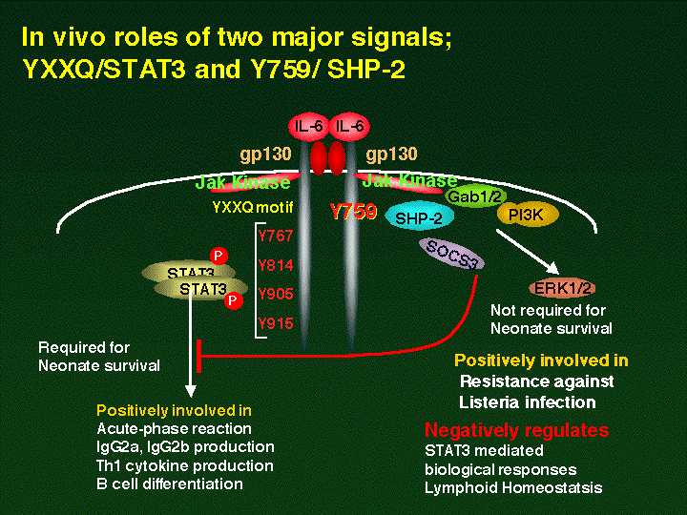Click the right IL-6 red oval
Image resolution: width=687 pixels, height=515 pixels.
point(349,125)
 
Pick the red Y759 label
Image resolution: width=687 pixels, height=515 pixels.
point(353,212)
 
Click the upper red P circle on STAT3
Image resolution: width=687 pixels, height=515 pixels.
point(219,257)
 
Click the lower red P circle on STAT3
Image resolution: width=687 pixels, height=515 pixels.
point(233,300)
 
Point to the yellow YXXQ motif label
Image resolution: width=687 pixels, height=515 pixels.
point(253,206)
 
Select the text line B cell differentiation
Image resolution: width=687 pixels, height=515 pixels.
point(170,484)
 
